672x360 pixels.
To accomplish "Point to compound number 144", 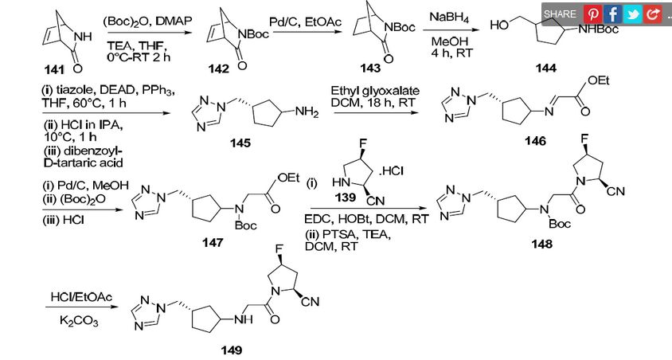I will point(546,69).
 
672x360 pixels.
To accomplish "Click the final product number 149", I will point(231,348).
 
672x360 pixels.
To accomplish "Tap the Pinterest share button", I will point(592,14).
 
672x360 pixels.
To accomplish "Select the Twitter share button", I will point(633,14).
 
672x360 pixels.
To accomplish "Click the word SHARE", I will point(561,14).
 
